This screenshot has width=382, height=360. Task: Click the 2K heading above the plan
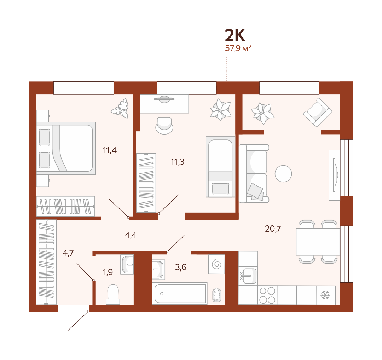[235, 35]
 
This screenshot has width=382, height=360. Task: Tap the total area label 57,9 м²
[238, 48]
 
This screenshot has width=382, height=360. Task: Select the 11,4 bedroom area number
[110, 150]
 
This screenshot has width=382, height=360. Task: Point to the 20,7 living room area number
[273, 229]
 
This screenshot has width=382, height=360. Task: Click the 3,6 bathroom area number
[180, 267]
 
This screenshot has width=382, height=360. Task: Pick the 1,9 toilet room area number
[108, 272]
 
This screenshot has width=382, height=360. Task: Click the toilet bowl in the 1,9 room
[113, 294]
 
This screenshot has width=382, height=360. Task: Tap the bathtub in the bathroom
[180, 293]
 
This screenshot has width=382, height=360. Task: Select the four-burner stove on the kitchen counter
[267, 296]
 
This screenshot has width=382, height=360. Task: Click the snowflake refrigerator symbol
[325, 295]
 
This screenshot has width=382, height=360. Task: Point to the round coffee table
[283, 174]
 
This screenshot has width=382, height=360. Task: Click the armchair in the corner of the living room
[318, 112]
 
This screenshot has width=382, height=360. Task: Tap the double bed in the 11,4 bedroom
[66, 148]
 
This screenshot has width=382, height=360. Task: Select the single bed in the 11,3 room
[220, 167]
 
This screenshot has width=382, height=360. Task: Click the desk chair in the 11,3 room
[164, 125]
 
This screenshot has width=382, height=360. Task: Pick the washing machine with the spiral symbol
[216, 264]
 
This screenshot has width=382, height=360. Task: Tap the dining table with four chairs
[318, 242]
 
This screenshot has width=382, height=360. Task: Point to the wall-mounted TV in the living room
[335, 175]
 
